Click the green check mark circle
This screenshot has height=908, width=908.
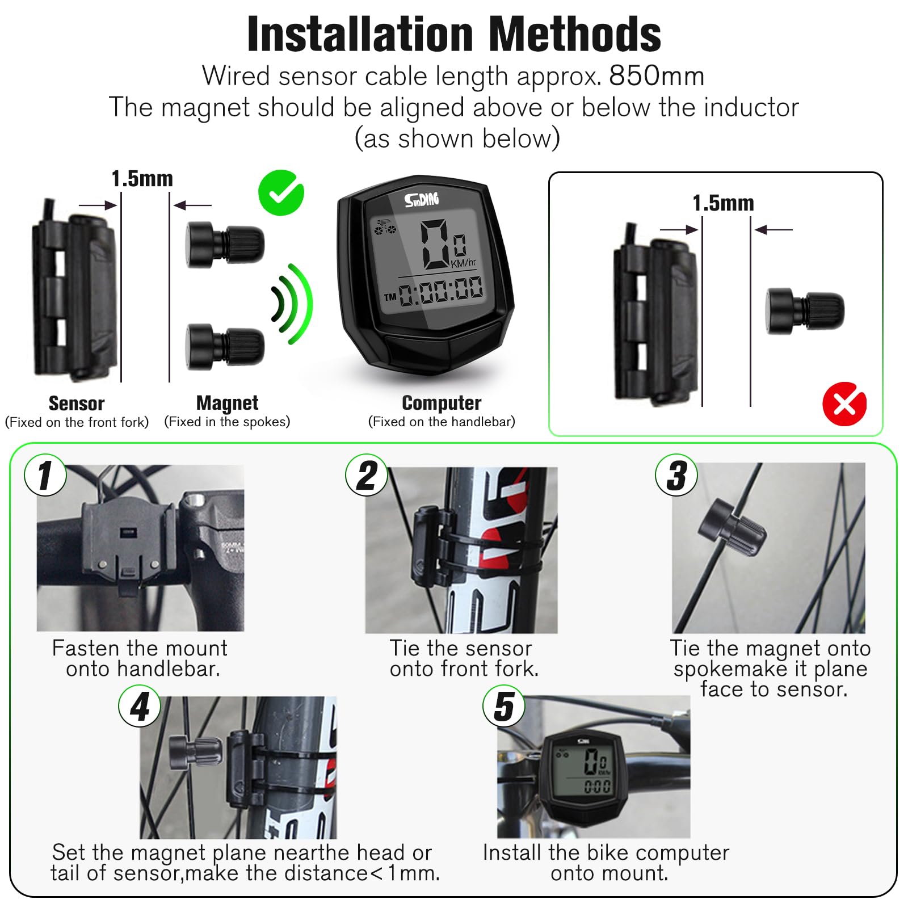pyautogui.click(x=281, y=193)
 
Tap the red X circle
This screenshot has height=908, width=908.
pyautogui.click(x=844, y=404)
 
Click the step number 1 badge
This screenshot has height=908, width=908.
pyautogui.click(x=45, y=475)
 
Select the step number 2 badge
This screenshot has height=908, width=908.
pyautogui.click(x=367, y=475)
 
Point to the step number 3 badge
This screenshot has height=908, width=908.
pyautogui.click(x=676, y=475)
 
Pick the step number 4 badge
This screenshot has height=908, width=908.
pyautogui.click(x=140, y=706)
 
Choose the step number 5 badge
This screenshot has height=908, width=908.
pyautogui.click(x=504, y=706)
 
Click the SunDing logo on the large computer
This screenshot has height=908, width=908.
pyautogui.click(x=422, y=199)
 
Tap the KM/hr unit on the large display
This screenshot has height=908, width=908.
pyautogui.click(x=464, y=263)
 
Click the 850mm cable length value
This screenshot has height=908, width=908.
pyautogui.click(x=657, y=75)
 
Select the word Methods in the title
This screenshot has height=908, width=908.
pyautogui.click(x=574, y=34)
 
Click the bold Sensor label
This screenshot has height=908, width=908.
pyautogui.click(x=77, y=403)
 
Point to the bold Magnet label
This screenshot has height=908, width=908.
pyautogui.click(x=227, y=403)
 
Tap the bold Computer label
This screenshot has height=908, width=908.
pyautogui.click(x=442, y=403)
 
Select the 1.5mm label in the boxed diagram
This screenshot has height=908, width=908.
pyautogui.click(x=723, y=203)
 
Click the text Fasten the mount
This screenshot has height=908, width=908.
pyautogui.click(x=140, y=648)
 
